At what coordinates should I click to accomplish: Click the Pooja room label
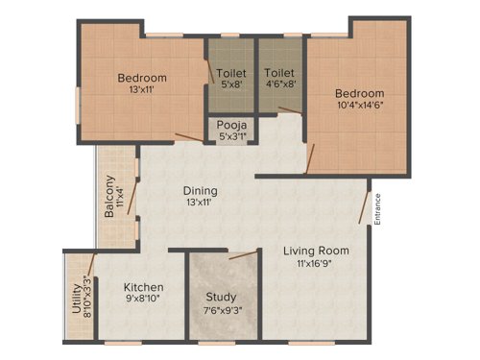click(x=228, y=124)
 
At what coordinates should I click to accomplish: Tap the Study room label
click(x=223, y=294)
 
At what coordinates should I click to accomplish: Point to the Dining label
click(x=201, y=190)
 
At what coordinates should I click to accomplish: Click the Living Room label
click(x=316, y=251)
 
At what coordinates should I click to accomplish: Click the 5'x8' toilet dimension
click(x=230, y=85)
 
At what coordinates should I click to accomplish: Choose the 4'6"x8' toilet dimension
click(x=279, y=85)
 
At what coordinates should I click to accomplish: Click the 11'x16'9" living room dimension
click(x=316, y=264)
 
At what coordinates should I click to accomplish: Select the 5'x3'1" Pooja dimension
click(x=228, y=136)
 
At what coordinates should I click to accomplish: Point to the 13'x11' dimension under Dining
click(x=201, y=204)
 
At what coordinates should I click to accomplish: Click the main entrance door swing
click(x=363, y=206)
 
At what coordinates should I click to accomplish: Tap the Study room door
click(x=244, y=255)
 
